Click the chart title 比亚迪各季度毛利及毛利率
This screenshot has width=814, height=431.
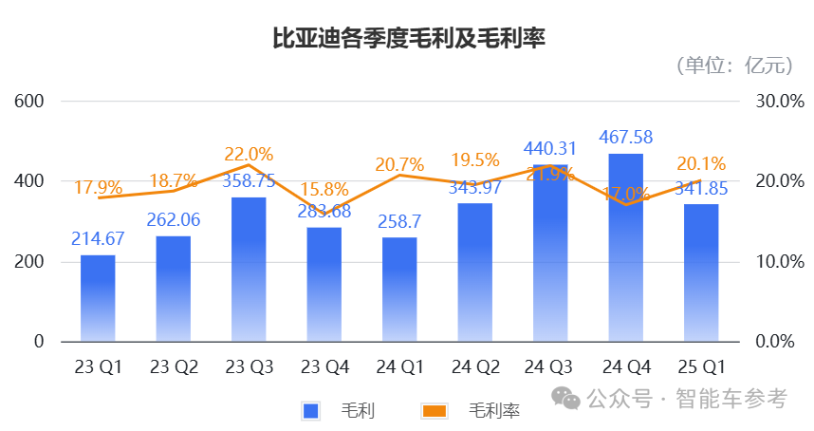coord(408,39)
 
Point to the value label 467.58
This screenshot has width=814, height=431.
coord(625,139)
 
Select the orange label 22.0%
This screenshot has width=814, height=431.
coord(249,154)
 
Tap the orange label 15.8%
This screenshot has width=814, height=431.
coord(324,190)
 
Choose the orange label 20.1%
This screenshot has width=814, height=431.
coord(701,163)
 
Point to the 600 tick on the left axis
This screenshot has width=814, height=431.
coord(30,101)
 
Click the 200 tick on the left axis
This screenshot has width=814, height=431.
coord(30,261)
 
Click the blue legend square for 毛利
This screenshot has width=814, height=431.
coord(310,410)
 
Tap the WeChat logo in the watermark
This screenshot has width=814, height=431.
coord(568,399)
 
